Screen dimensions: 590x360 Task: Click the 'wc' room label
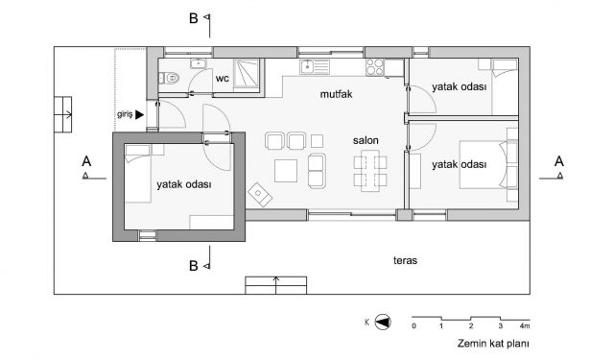[222, 79]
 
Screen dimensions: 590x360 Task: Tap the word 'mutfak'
[336, 94]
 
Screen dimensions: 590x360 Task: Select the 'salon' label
[366, 140]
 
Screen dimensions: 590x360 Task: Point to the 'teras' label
[405, 260]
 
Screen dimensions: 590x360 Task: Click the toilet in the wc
[169, 78]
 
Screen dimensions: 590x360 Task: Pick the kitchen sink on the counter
[315, 67]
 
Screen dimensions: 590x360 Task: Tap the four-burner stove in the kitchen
[375, 67]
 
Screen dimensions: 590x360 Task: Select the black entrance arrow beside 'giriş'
[140, 115]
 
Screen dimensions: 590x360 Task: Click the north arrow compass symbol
[383, 323]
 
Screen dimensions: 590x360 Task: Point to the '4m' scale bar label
[525, 325]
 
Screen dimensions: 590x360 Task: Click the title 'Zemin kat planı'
[493, 344]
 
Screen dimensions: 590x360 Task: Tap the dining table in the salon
[370, 171]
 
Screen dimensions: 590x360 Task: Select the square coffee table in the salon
[286, 171]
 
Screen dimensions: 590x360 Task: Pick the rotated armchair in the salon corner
[260, 195]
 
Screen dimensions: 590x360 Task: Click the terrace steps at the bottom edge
[275, 285]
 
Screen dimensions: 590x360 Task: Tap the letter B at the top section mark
[194, 18]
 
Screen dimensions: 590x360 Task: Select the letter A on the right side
[558, 161]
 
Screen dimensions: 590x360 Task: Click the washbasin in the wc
[198, 63]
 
